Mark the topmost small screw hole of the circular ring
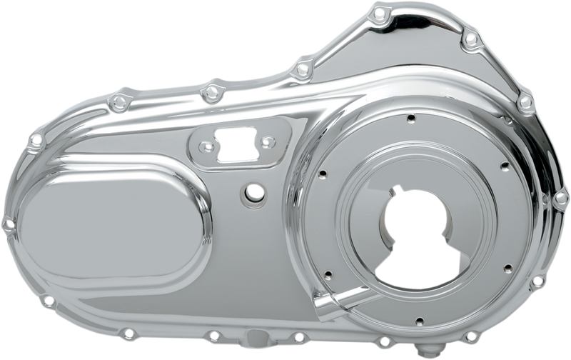(x=410, y=118)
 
